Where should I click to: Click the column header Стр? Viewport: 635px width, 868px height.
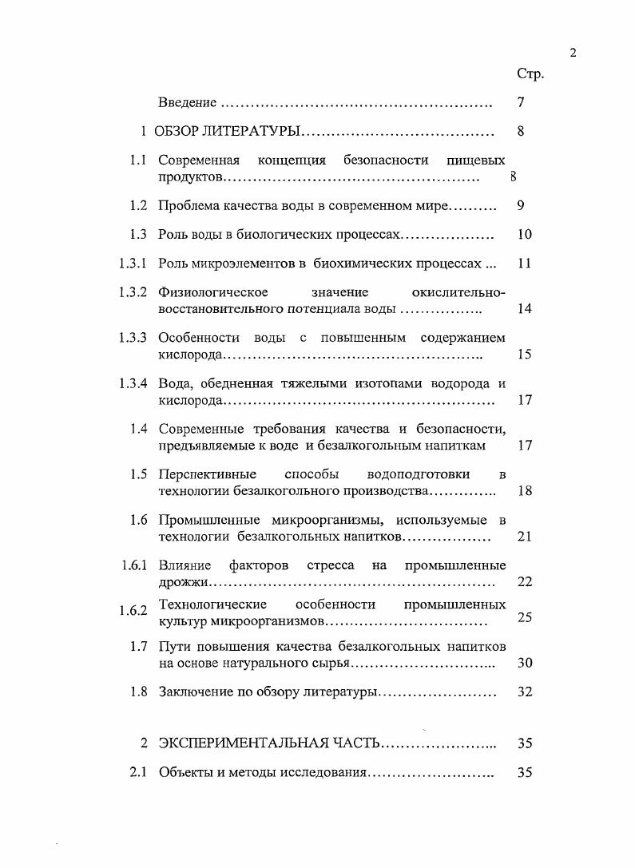530,74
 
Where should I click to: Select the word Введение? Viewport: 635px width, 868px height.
188,103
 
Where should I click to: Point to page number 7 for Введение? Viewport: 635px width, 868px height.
520,103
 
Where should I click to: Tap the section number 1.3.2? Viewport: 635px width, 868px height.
133,291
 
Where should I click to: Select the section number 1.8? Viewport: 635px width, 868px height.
138,692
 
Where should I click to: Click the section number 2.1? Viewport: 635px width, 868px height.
138,772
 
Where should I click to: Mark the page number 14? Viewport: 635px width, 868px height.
524,309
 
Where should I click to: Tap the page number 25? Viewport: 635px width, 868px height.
524,617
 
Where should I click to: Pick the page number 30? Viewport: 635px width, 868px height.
524,663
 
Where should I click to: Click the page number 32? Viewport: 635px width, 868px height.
524,692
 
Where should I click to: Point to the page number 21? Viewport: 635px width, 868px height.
524,537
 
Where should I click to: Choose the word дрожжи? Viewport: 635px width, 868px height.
178,582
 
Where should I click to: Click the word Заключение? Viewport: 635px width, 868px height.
195,692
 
